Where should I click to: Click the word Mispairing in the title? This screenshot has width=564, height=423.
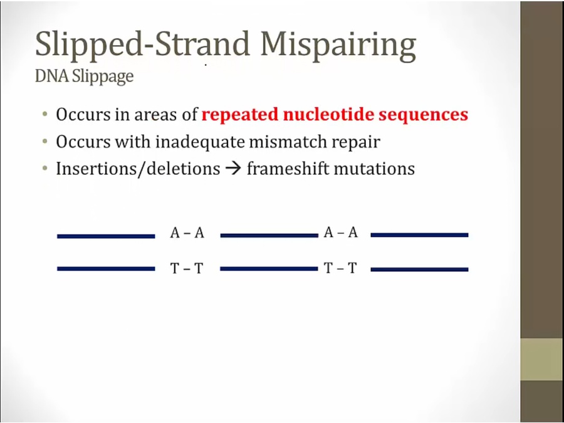point(338,45)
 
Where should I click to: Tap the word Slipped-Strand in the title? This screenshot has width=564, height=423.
point(142,44)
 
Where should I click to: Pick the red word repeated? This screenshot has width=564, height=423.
point(240,115)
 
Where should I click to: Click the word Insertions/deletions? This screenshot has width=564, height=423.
point(138,169)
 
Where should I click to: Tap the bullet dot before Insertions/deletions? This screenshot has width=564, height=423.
point(45,168)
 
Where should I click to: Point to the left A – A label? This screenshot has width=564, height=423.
point(187,233)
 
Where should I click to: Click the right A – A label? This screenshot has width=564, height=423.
point(341,232)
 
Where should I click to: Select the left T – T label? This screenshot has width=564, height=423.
point(187,268)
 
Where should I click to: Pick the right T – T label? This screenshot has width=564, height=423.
point(340,268)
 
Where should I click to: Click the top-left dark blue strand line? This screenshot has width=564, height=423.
point(106,236)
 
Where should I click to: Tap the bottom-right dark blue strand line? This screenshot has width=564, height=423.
point(419,269)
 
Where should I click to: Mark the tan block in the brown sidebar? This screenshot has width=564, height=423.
point(542,359)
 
